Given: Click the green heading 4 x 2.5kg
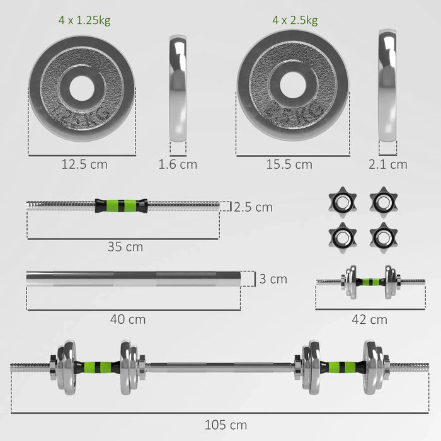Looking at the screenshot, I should (295, 21).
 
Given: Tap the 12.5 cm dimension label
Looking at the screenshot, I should (84, 164).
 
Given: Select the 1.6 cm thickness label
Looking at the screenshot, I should (177, 164).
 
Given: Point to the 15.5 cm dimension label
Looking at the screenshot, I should (289, 164).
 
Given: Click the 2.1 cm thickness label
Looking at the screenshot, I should (387, 164).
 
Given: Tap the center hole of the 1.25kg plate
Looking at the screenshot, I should (82, 88).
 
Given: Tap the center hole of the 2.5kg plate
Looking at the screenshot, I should (292, 85).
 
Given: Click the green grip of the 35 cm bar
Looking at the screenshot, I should (121, 205).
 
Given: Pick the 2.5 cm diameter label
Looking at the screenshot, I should (253, 207).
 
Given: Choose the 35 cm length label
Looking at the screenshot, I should (125, 246).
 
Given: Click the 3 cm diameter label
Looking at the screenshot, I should (273, 278).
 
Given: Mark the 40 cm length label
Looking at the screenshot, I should (128, 319).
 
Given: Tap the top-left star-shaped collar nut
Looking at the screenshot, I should (341, 201).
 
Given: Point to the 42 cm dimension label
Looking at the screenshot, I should (370, 319).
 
